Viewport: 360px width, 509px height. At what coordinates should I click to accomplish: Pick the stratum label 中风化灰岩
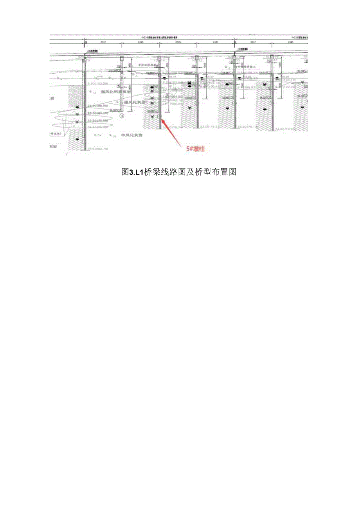tap(132, 135)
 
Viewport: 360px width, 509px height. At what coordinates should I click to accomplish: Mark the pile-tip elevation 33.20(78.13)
tap(248, 127)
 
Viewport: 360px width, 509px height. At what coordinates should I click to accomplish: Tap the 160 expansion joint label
tap(239, 50)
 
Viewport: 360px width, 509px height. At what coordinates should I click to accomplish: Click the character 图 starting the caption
tap(125, 172)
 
